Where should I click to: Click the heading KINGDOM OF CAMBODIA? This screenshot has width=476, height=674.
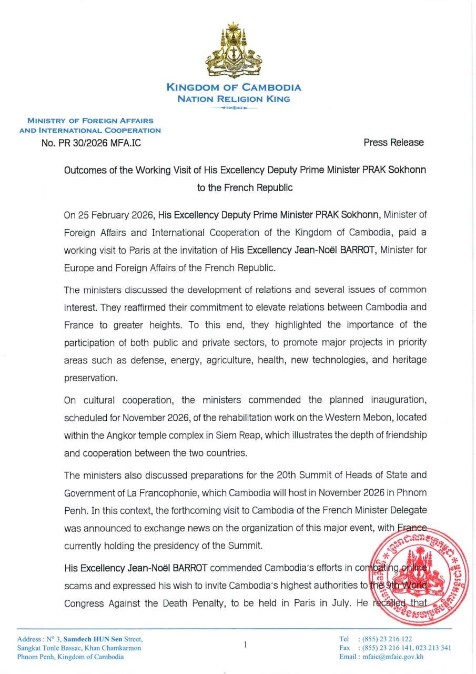(x=234, y=87)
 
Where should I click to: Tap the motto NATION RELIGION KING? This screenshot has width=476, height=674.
(x=234, y=98)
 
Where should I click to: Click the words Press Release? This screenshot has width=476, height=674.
(x=393, y=142)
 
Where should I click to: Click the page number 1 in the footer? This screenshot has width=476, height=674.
(x=245, y=644)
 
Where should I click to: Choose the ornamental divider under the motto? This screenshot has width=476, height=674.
(x=234, y=108)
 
